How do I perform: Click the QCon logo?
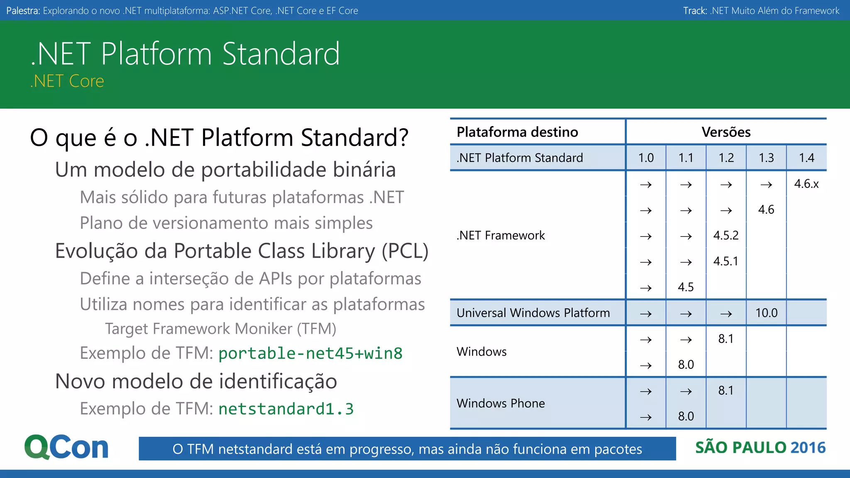[x=66, y=447]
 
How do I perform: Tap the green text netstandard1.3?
[x=286, y=409]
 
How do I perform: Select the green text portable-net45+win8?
[x=310, y=354]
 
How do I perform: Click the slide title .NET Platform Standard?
[x=185, y=54]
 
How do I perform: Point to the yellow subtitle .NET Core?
[x=67, y=81]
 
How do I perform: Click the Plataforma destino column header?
[x=517, y=132]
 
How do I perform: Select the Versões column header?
[x=726, y=132]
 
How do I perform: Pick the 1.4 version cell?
[x=806, y=158]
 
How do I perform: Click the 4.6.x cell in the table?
[x=806, y=184]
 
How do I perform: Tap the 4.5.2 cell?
[x=726, y=235]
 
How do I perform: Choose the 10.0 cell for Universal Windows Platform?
[x=766, y=313]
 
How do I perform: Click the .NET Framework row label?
[x=501, y=235]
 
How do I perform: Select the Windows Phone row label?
[x=501, y=403]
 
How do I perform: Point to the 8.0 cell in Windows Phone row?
[x=686, y=416]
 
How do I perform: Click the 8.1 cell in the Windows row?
[x=726, y=339]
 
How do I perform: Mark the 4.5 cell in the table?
[x=686, y=287]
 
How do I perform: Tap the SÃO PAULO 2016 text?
[x=760, y=448]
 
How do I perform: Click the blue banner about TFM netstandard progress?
[x=407, y=449]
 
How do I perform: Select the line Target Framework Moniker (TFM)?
[x=220, y=329]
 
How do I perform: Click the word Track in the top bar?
[x=694, y=11]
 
